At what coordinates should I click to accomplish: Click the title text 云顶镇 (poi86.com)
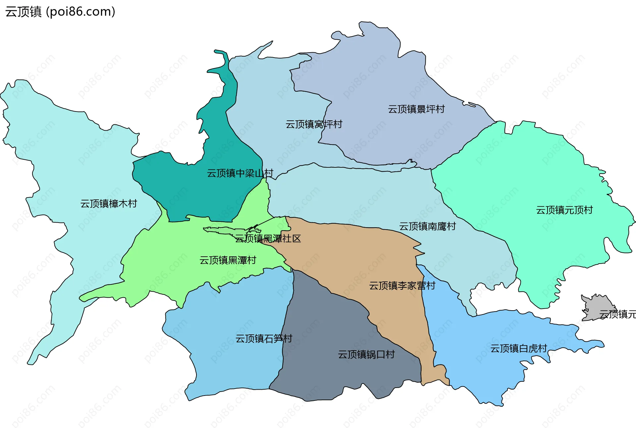(60, 12)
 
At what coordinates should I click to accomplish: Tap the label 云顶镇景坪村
(416, 109)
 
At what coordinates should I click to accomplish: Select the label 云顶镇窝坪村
(313, 124)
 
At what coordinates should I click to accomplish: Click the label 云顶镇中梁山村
(240, 173)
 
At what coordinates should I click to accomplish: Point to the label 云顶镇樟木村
(109, 203)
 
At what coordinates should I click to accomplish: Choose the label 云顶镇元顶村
(564, 210)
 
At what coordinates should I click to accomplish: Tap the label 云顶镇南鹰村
(427, 226)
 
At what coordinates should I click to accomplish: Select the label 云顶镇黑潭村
(228, 260)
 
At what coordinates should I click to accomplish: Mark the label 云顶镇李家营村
(402, 286)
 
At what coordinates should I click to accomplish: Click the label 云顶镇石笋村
(264, 338)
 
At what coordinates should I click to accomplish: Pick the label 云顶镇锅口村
(366, 355)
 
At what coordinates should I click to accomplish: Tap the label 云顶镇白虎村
(518, 348)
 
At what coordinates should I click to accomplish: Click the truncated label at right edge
(617, 314)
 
